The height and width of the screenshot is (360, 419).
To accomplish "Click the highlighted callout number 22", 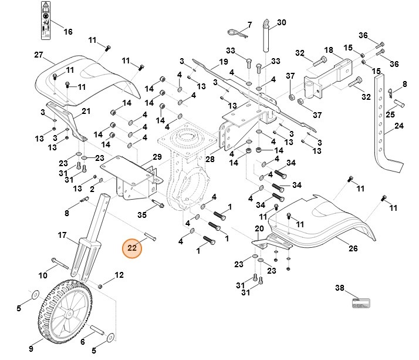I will pos(132,248).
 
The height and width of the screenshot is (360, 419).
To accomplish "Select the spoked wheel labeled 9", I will pos(69,309).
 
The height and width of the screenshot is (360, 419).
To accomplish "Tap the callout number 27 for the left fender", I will pos(39,55).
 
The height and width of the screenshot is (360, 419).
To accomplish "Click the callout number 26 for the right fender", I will pos(352,249).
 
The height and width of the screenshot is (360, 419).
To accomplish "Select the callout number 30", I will pos(281,22).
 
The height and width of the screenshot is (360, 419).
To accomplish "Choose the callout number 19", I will pos(223,62).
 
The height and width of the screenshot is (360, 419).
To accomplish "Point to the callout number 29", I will pos(157,157).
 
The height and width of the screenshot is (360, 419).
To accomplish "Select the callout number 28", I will pos(209,159).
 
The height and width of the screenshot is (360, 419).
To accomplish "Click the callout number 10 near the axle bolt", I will pos(43,275).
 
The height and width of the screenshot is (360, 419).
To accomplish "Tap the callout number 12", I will pos(119,274).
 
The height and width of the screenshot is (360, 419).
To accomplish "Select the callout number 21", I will pos(86,111).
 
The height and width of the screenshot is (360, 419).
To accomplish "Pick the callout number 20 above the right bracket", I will pos(259,228).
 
